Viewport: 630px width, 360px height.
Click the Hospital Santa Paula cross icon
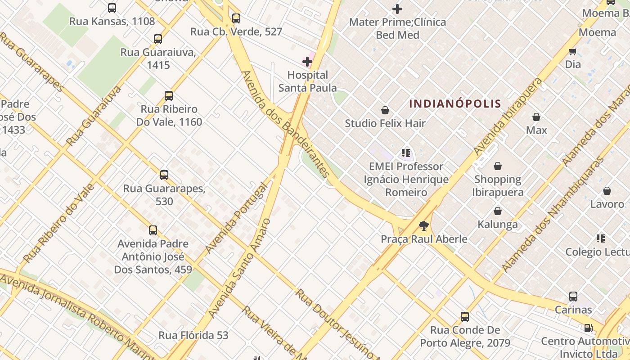pos(307,61)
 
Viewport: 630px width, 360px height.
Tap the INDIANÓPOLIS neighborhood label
pos(455,103)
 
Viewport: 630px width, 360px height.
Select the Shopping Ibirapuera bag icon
pos(497,166)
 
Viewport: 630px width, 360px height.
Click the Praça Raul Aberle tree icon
pos(423,226)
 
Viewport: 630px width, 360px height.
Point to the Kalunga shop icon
pos(497,211)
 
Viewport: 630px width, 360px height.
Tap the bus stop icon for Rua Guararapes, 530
pos(164,175)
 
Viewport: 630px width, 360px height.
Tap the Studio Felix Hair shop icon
pos(385,110)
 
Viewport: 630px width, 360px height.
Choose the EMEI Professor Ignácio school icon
pos(406,153)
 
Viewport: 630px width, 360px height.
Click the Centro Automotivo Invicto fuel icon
pos(588,328)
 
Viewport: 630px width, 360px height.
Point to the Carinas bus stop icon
pos(573,297)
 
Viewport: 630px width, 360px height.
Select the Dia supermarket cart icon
pos(573,51)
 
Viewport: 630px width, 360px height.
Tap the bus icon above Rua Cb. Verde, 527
pos(236,18)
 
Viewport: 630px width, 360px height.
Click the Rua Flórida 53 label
pos(193,335)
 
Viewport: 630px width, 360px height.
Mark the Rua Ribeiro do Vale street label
pos(58,223)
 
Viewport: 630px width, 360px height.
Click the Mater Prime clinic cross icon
pos(397,9)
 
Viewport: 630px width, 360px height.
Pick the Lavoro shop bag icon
pos(607,191)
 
